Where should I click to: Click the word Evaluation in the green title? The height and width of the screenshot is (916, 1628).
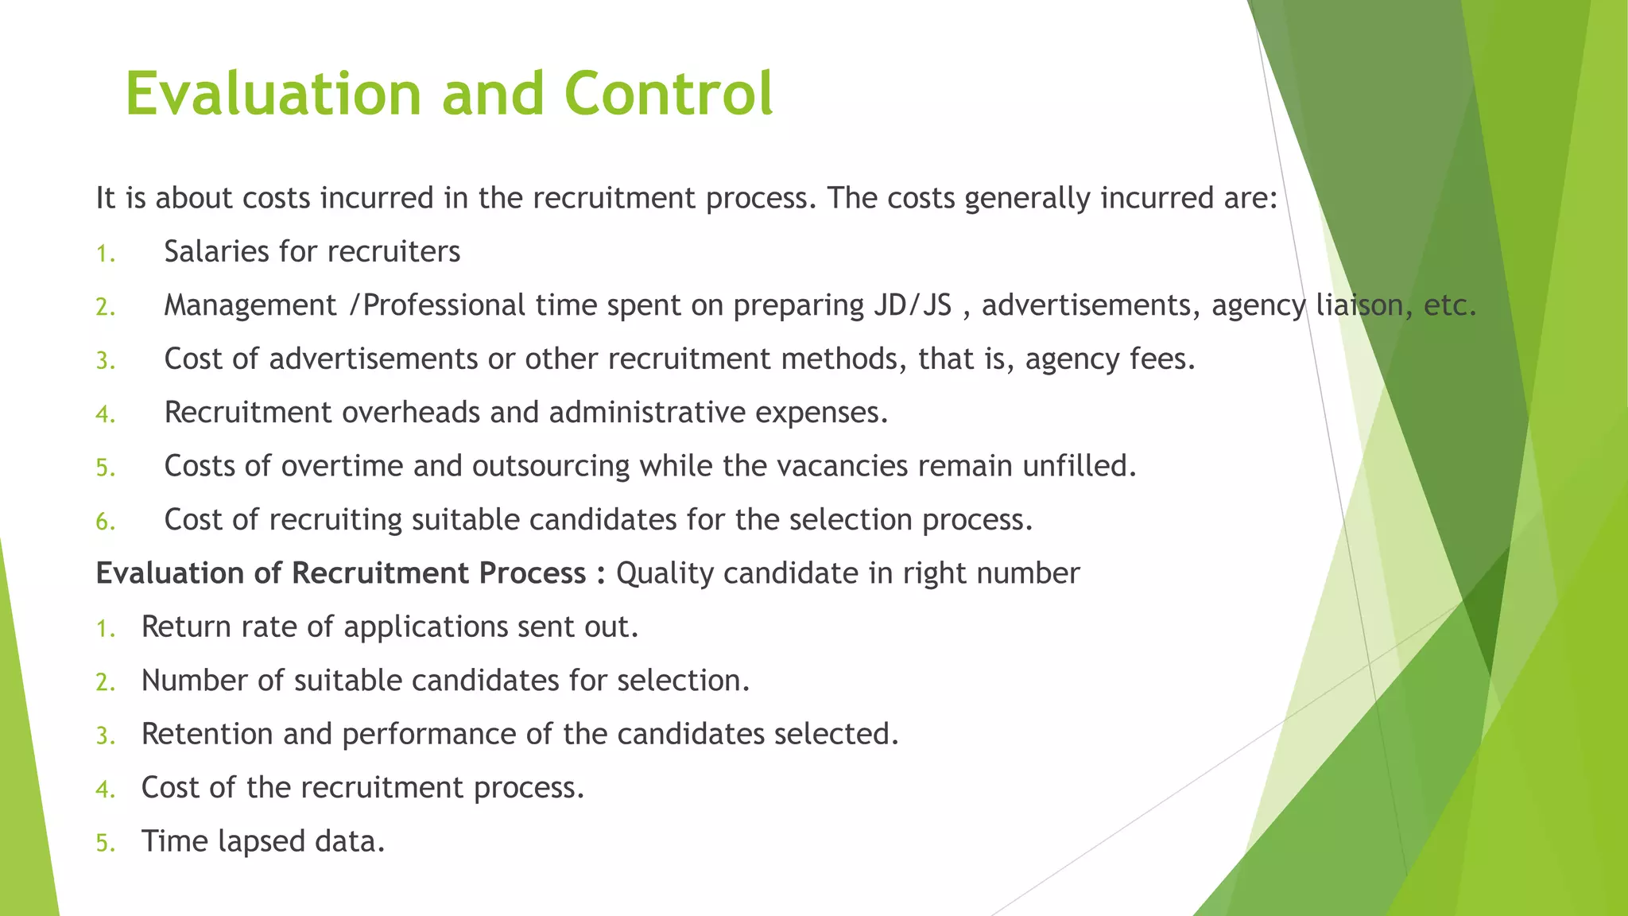[273, 94]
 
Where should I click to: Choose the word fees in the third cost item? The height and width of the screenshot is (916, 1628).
[1162, 359]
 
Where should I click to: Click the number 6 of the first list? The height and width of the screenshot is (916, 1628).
[104, 522]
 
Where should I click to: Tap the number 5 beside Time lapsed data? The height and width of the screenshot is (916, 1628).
[104, 843]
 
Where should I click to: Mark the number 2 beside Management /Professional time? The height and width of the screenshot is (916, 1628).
[104, 307]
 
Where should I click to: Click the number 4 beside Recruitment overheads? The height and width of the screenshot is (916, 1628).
[104, 414]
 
